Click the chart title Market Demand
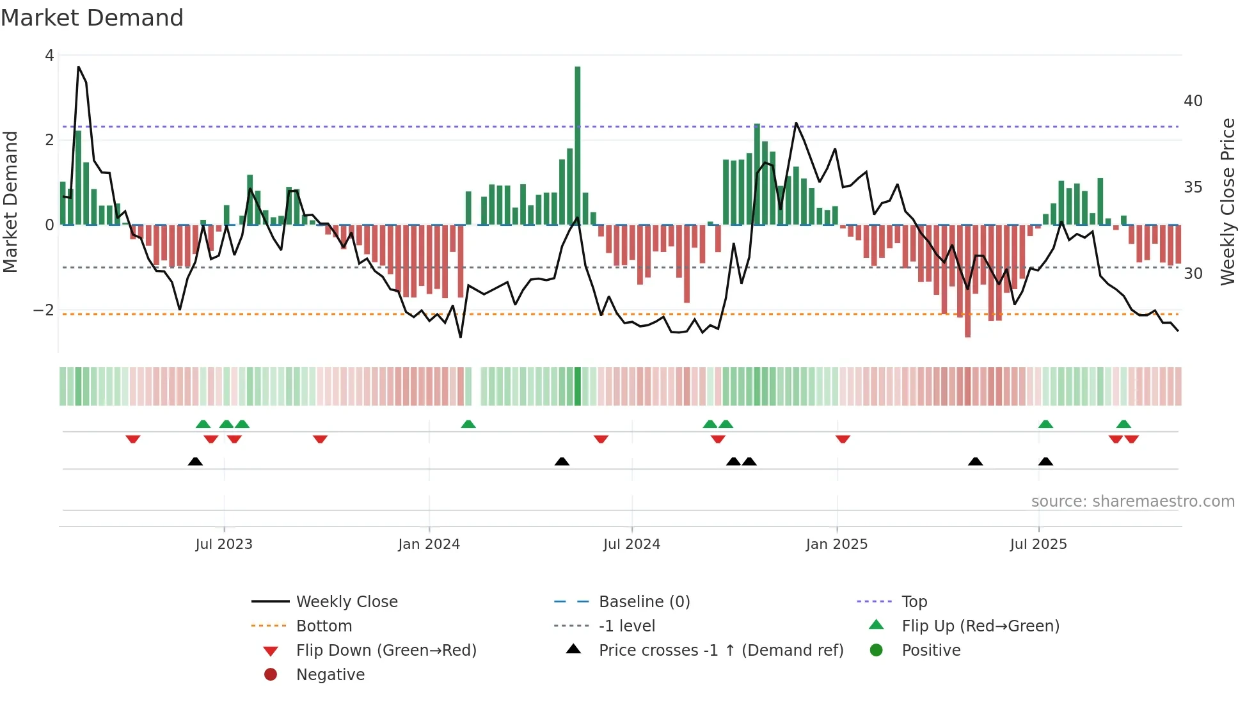point(92,18)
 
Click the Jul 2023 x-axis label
point(224,544)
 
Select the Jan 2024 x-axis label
point(429,544)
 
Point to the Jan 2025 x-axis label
point(836,544)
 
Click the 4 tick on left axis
point(49,56)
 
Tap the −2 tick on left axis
point(44,310)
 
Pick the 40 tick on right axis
point(1193,101)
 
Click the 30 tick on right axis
point(1193,274)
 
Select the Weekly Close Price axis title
point(1227,202)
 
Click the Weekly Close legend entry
point(346,602)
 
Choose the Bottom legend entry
point(324,626)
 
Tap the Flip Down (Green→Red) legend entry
point(386,651)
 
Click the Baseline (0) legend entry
point(644,602)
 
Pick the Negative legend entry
point(330,675)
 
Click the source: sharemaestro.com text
point(1132,502)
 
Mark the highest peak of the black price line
point(79,67)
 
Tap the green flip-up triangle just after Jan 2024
point(468,424)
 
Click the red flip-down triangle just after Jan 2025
point(843,439)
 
